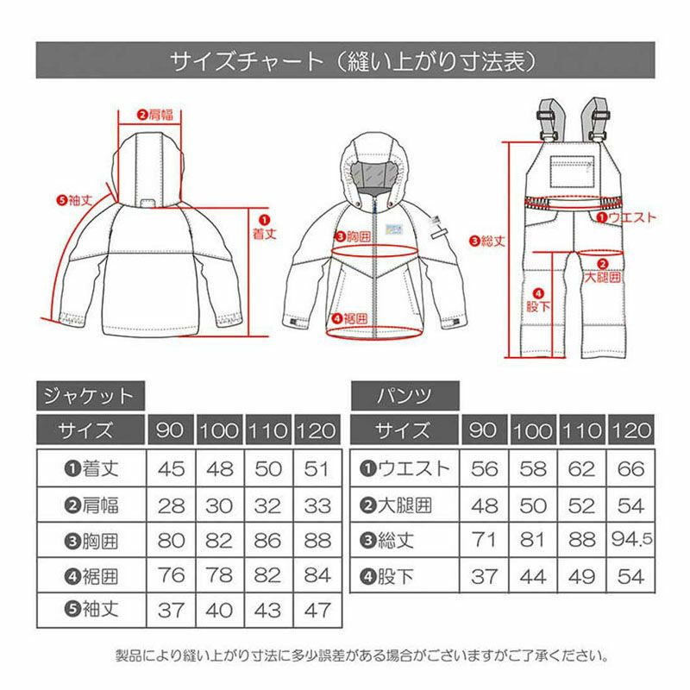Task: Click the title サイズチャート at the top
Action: click(x=247, y=61)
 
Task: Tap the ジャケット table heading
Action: click(x=89, y=396)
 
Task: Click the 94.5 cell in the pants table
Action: click(x=632, y=540)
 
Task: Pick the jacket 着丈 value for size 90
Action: click(x=171, y=468)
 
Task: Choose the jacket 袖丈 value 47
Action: click(x=317, y=610)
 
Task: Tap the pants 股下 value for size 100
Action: click(x=533, y=576)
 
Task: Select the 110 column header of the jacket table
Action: click(x=268, y=430)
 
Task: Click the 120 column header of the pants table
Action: click(x=631, y=430)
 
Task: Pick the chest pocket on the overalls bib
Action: click(x=572, y=172)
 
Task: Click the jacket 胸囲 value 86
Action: click(x=267, y=541)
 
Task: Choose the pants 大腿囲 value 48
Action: click(x=484, y=505)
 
